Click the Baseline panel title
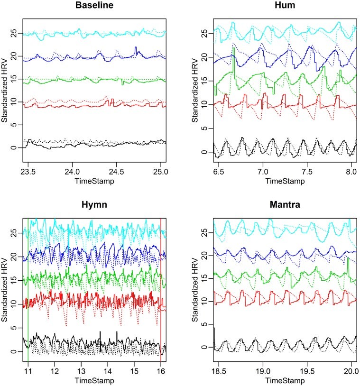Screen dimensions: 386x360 pyautogui.click(x=93, y=7)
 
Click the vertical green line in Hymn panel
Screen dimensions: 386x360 pyautogui.click(x=28, y=285)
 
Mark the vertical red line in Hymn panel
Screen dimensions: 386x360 pyautogui.click(x=161, y=285)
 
